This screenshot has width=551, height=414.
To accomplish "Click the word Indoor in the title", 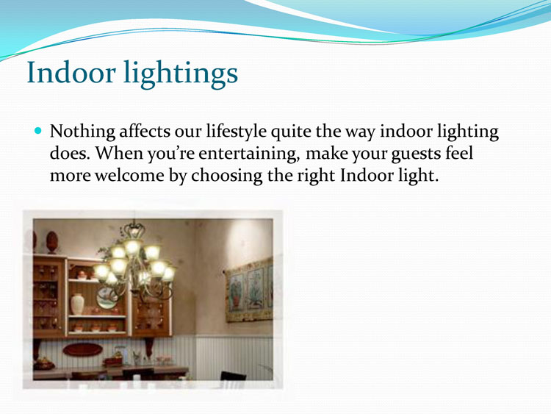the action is click(x=71, y=72).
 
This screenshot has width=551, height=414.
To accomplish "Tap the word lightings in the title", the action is click(x=181, y=74).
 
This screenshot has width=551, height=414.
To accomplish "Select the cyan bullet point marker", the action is click(x=38, y=131).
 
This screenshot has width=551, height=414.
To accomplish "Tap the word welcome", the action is click(x=129, y=175).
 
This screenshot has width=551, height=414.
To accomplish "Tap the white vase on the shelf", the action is click(x=77, y=304).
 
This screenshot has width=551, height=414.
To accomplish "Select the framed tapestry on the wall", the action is click(x=249, y=290).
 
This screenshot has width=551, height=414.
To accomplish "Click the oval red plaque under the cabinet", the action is click(x=82, y=349).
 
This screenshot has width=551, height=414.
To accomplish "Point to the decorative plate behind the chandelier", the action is click(x=107, y=298).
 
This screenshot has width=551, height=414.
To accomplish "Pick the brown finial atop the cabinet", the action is click(x=52, y=242).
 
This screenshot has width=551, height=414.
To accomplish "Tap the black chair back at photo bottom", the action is click(x=233, y=376).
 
